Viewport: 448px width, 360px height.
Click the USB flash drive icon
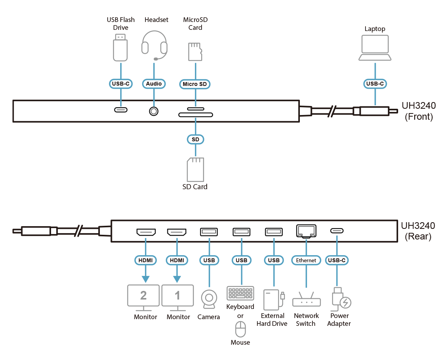click(120, 47)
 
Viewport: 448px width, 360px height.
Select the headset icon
click(154, 46)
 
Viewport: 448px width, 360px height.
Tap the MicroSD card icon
click(195, 52)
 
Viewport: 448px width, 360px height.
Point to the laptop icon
click(375, 48)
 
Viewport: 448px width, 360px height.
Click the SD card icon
click(195, 169)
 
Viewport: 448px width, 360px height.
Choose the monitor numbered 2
click(143, 296)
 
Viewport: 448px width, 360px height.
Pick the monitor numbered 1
click(177, 296)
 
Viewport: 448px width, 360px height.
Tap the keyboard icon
click(240, 293)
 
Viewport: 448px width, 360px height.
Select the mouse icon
click(240, 329)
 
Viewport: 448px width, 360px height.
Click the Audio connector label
click(154, 84)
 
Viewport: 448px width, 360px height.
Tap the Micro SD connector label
click(195, 84)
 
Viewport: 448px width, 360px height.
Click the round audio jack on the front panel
click(154, 111)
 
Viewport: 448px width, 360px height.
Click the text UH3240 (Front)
click(418, 111)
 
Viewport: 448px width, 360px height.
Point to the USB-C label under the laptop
click(375, 84)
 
